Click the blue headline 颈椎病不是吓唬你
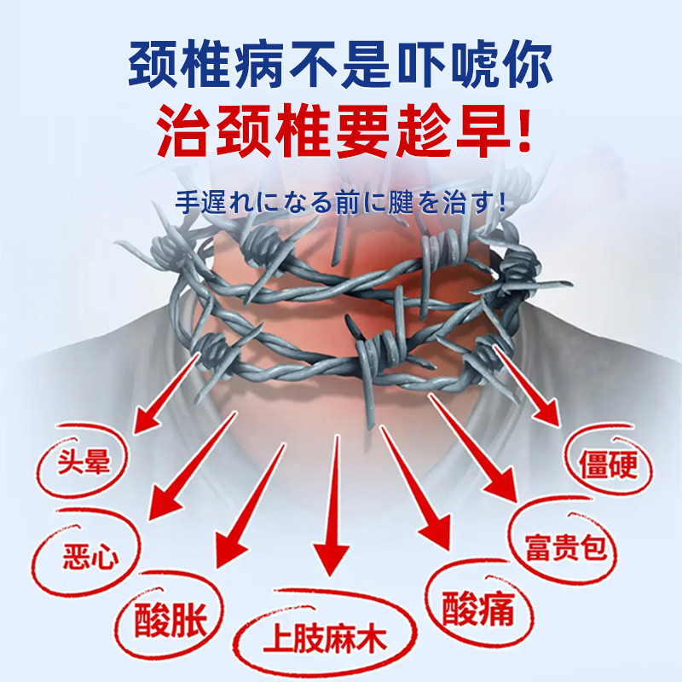point(341,64)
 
